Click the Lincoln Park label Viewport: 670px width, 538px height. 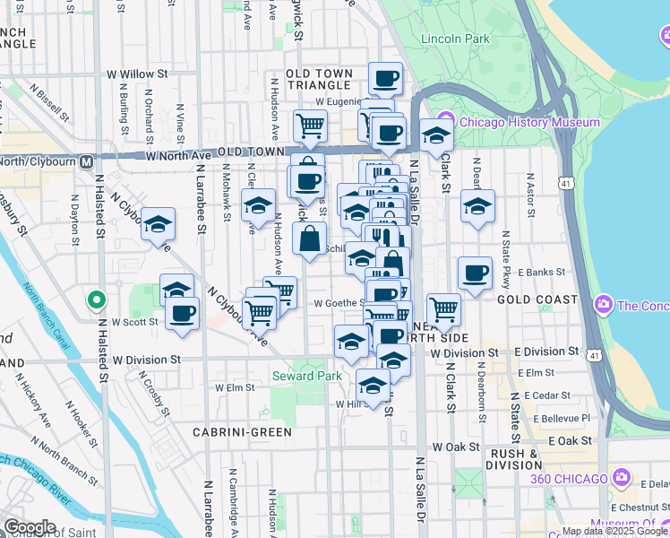[x=455, y=39]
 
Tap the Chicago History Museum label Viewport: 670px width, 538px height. [x=537, y=122]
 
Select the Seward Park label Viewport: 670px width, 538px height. [x=307, y=377]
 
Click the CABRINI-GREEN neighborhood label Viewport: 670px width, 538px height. [x=242, y=432]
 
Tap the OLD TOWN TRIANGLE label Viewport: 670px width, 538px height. [x=326, y=79]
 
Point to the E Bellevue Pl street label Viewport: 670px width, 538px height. [x=562, y=418]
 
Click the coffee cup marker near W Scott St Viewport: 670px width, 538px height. [x=182, y=313]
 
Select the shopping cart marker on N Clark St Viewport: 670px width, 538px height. [x=443, y=309]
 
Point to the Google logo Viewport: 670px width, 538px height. [x=29, y=527]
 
